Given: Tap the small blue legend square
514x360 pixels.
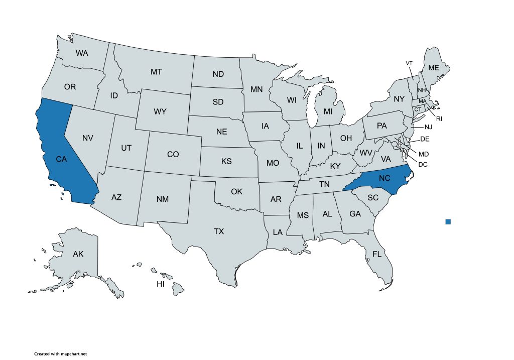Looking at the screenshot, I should point(448,221).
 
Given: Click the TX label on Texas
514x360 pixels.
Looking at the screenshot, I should point(219,231).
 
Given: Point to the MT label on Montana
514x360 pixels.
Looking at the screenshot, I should point(156,72).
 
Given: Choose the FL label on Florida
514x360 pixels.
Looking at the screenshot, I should point(377,254).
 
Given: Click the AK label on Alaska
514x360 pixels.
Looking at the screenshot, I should point(78,254).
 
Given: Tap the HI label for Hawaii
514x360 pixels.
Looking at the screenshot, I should point(161,284).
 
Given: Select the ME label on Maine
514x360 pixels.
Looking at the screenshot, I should point(433,68).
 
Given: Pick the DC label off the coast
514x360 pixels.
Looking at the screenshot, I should point(423,164).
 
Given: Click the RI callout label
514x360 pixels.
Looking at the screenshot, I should point(439,118).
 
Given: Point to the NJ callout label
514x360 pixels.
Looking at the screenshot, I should point(428,128).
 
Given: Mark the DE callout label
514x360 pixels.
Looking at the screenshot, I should point(425,139).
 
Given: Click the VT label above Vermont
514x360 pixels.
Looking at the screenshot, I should point(409,63).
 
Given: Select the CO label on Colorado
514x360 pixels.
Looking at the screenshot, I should point(173,154).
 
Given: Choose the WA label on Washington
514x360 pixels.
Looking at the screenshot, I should point(82,53).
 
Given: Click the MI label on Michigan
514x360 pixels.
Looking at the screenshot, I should point(328,111).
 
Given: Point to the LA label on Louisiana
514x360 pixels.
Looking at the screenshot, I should point(277,232).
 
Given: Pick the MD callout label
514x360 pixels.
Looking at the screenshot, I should point(424,153).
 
